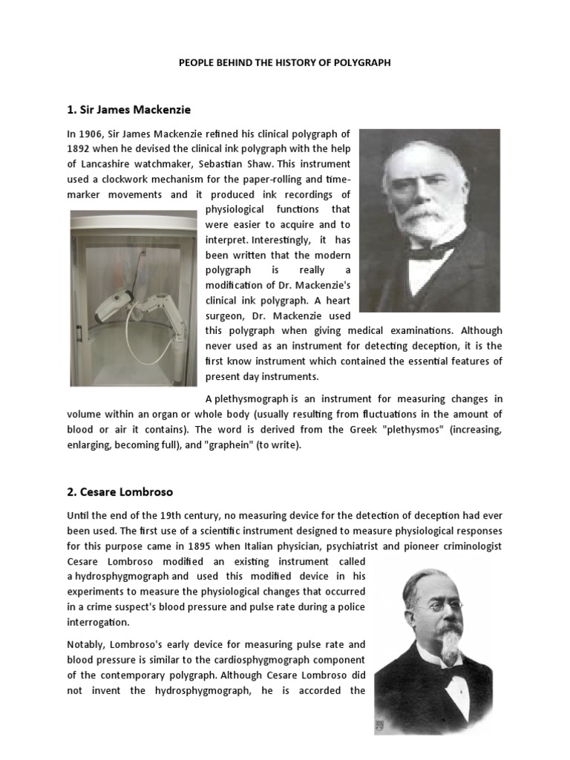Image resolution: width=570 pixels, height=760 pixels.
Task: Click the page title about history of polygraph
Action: [284, 63]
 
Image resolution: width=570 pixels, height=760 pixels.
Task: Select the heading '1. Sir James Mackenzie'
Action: [128, 110]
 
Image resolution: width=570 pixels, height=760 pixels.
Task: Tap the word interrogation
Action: [98, 622]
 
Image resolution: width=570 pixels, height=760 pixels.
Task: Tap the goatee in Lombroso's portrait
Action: [448, 646]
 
